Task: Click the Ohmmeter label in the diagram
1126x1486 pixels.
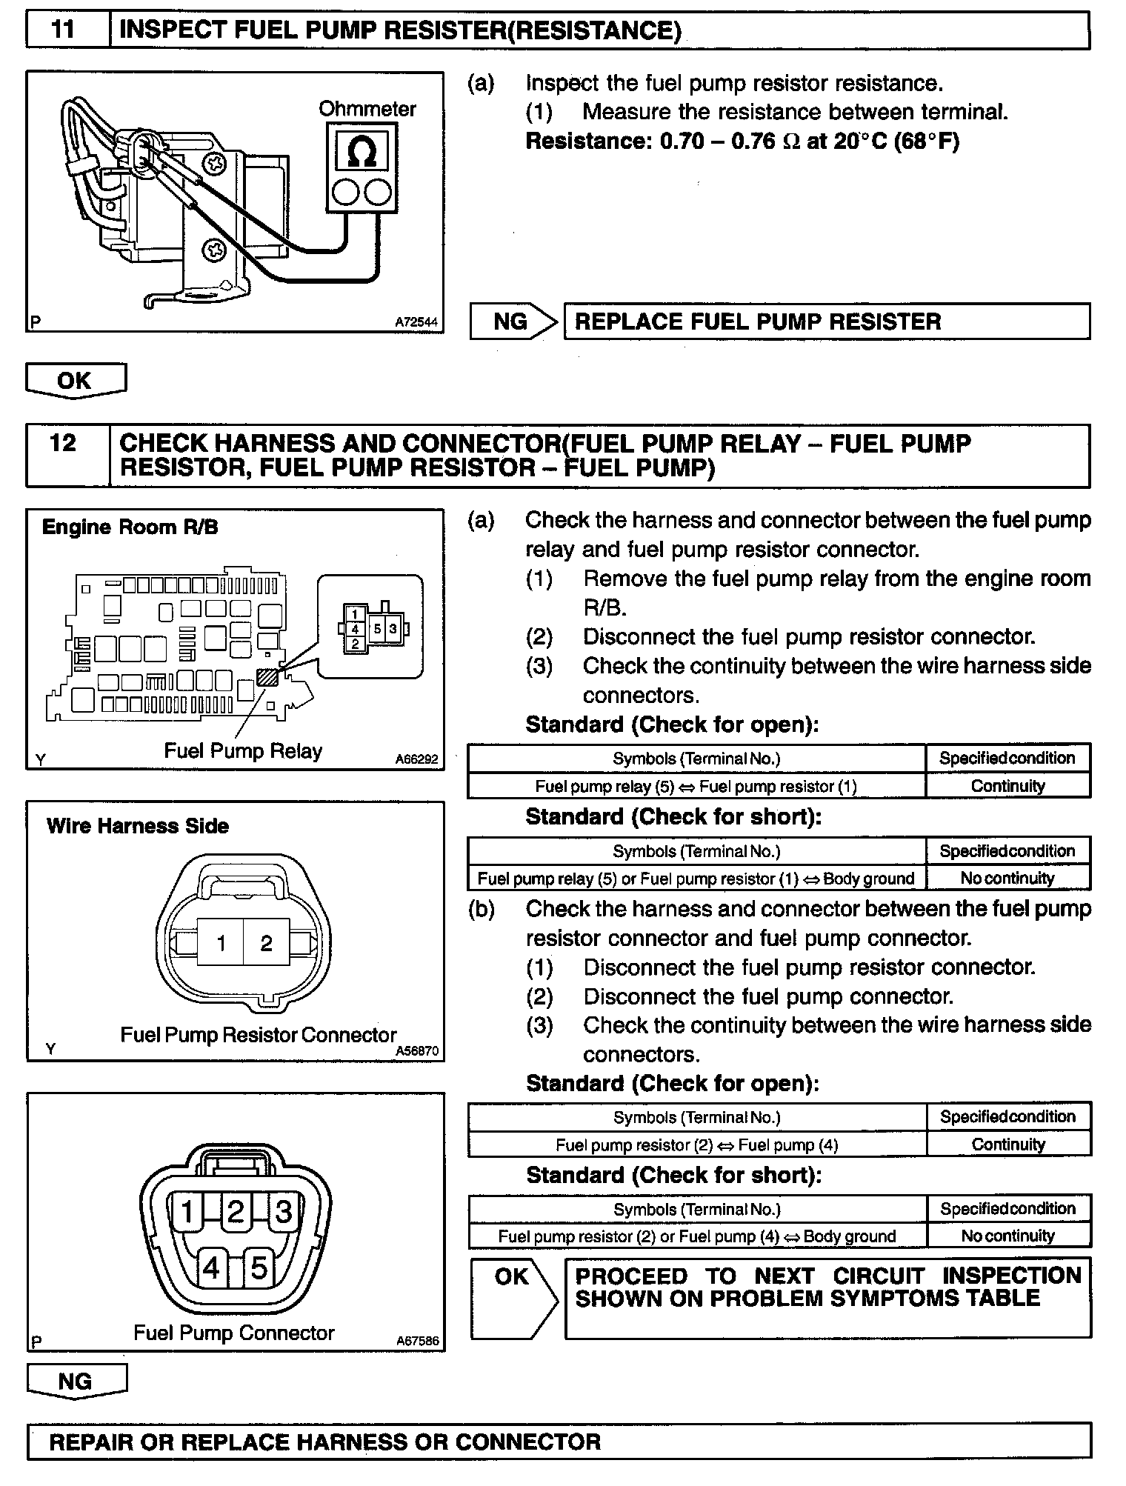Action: click(367, 109)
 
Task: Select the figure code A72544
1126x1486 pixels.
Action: click(416, 322)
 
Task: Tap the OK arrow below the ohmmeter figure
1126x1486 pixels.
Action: click(75, 381)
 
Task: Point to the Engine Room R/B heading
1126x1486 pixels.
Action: click(130, 527)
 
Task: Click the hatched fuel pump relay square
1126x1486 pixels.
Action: click(267, 677)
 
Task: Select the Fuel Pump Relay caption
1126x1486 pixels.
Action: click(242, 751)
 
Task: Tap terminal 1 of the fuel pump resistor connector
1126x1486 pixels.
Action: click(221, 943)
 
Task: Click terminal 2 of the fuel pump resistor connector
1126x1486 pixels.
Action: click(266, 943)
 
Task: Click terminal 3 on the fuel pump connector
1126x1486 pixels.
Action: click(283, 1213)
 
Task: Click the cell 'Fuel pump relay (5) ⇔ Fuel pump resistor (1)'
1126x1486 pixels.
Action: click(696, 787)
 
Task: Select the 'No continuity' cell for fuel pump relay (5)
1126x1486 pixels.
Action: click(1007, 879)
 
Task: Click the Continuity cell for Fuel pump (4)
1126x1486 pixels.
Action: click(1008, 1145)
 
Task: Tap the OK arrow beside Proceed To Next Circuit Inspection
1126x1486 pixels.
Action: click(513, 1297)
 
